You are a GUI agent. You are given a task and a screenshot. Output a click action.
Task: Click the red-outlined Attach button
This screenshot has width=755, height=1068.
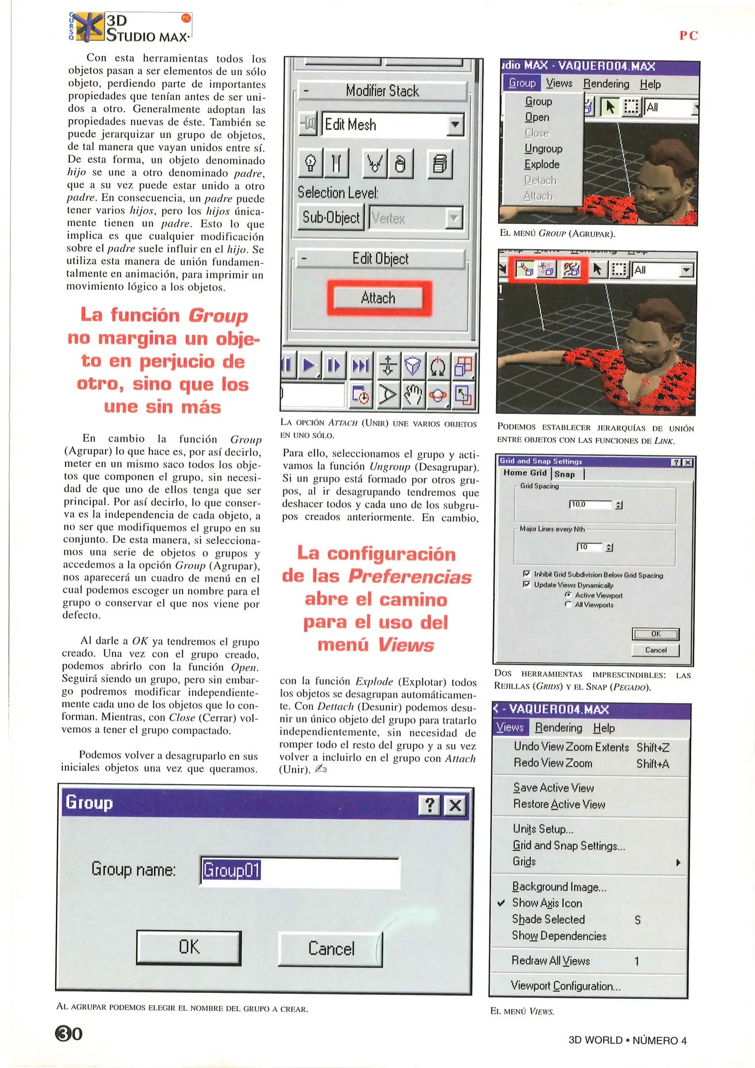click(378, 298)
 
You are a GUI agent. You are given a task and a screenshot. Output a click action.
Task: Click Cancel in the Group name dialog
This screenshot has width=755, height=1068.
click(330, 949)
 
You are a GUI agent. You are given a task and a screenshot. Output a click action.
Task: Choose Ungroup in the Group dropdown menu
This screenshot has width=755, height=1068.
click(543, 148)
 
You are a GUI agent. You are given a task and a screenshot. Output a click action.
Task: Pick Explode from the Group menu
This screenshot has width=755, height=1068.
click(541, 164)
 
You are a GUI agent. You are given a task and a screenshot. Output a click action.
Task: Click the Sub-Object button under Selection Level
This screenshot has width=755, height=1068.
click(331, 218)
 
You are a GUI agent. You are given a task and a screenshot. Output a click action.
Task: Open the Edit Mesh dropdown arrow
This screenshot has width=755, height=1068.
click(455, 125)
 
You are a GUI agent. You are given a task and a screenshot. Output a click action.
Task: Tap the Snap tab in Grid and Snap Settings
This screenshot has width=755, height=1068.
click(565, 474)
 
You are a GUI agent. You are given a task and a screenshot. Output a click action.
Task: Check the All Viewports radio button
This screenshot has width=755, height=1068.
click(568, 605)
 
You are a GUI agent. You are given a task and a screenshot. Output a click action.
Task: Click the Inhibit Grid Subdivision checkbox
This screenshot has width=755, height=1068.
click(527, 574)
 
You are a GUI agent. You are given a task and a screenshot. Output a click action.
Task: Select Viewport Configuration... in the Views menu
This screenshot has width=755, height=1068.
click(565, 986)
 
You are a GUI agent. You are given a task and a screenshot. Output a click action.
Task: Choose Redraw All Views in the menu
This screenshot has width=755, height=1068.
click(550, 961)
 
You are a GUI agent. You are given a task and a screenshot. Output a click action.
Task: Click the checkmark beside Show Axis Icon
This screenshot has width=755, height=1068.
click(501, 903)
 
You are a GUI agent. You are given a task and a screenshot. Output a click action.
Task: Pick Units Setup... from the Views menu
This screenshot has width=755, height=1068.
click(542, 829)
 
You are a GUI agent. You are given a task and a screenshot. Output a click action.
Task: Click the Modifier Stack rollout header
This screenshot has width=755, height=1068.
click(382, 91)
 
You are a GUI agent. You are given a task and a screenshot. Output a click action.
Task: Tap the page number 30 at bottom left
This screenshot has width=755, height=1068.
click(69, 1033)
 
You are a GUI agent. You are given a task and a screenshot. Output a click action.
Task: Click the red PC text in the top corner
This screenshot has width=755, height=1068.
click(688, 36)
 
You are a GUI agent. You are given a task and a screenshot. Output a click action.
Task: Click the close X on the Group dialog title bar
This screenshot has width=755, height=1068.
click(455, 805)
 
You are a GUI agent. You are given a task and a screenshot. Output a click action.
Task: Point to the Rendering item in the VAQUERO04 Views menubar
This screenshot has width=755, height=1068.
click(558, 728)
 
